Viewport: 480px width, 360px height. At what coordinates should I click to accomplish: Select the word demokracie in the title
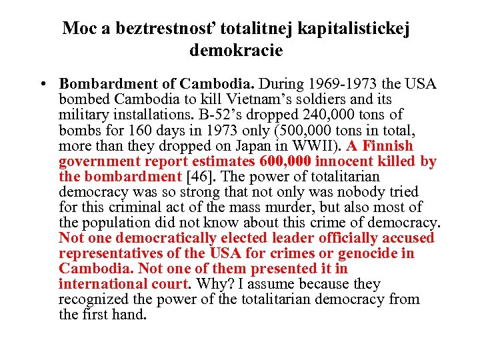coord(236,49)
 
